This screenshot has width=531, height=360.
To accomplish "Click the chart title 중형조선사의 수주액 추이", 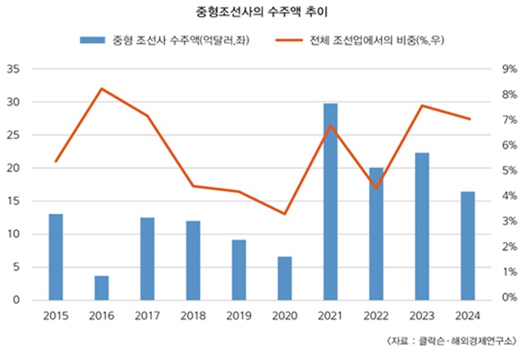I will pyautogui.click(x=265, y=12).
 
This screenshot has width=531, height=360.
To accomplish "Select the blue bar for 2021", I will pyautogui.click(x=330, y=202).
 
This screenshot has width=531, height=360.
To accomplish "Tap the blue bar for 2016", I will pyautogui.click(x=101, y=287).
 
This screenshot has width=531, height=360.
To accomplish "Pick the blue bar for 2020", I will pyautogui.click(x=284, y=278).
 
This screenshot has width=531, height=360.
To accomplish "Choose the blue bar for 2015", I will pyautogui.click(x=56, y=257).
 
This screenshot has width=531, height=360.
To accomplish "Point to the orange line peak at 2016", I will pyautogui.click(x=101, y=88).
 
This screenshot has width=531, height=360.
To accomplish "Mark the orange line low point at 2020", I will pyautogui.click(x=284, y=214).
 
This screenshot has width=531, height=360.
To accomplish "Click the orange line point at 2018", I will pyautogui.click(x=193, y=186).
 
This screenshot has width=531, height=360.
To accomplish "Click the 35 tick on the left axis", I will pyautogui.click(x=13, y=69).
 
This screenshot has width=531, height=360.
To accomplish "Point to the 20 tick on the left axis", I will pyautogui.click(x=13, y=168).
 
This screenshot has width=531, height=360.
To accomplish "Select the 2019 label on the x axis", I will pyautogui.click(x=239, y=315).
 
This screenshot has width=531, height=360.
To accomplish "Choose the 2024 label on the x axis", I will pyautogui.click(x=467, y=315).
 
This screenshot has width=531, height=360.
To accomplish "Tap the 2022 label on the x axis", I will pyautogui.click(x=376, y=315).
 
